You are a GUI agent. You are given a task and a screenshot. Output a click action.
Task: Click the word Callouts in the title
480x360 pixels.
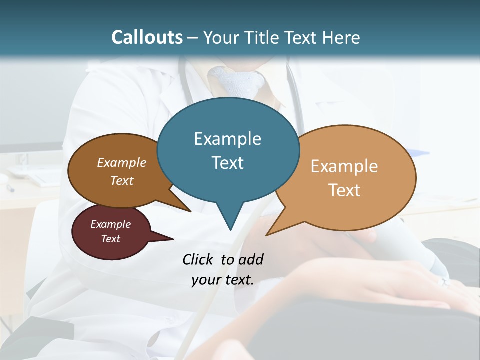coord(147,37)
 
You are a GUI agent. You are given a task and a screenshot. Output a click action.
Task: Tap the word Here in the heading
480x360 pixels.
coord(341,37)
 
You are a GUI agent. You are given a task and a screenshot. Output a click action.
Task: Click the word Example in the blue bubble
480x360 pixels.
coord(227,139)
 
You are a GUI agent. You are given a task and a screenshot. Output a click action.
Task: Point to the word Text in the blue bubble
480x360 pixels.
coord(227,163)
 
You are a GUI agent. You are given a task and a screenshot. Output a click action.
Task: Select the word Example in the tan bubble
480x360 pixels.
coord(344,166)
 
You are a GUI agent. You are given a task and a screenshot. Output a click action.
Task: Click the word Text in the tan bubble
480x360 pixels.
coord(344,190)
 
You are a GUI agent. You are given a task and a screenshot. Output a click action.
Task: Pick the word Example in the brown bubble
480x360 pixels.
coord(121,163)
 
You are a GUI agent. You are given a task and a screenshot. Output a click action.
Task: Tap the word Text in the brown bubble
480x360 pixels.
coord(121,180)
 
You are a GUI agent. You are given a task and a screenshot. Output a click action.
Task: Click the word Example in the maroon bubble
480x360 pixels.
coord(110,224)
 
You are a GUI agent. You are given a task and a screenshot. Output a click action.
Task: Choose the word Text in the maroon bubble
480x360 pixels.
coord(110,239)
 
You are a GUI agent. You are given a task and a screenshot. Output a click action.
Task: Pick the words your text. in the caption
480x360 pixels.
coord(222,280)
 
